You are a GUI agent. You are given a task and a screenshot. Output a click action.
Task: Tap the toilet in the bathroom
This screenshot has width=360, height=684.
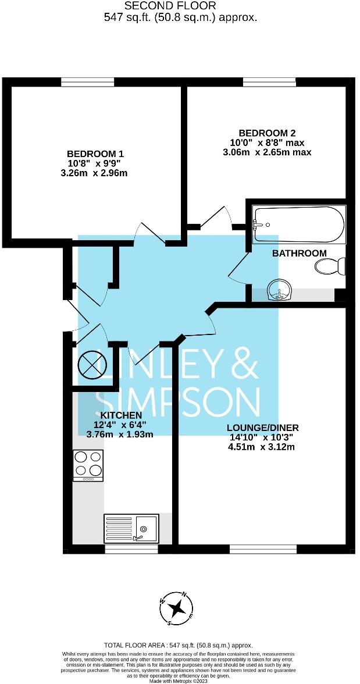click(x=330, y=267)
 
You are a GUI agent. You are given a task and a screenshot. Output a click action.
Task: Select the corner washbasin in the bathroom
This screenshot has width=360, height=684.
click(x=280, y=290)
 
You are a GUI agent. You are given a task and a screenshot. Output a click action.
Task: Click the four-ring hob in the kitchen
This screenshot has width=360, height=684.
click(x=88, y=465)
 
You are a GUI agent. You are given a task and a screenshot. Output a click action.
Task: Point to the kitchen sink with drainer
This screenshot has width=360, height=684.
click(x=131, y=528)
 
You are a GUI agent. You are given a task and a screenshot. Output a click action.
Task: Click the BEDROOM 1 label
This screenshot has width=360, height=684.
click(x=95, y=154)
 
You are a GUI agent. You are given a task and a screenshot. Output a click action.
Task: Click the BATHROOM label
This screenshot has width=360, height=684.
click(x=300, y=253)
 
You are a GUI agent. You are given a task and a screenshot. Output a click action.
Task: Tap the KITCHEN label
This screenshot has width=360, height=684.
click(x=121, y=415)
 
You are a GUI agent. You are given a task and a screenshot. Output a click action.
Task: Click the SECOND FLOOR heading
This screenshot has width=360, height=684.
click(x=170, y=6)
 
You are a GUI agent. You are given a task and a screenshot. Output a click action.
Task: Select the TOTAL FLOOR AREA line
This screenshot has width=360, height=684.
click(x=179, y=646)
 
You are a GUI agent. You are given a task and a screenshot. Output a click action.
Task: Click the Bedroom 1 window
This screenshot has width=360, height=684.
click(x=87, y=82)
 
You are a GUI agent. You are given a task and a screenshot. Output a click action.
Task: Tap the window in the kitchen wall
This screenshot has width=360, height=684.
click(x=131, y=548)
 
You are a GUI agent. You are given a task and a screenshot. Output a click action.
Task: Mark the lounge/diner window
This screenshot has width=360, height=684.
click(x=263, y=548)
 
